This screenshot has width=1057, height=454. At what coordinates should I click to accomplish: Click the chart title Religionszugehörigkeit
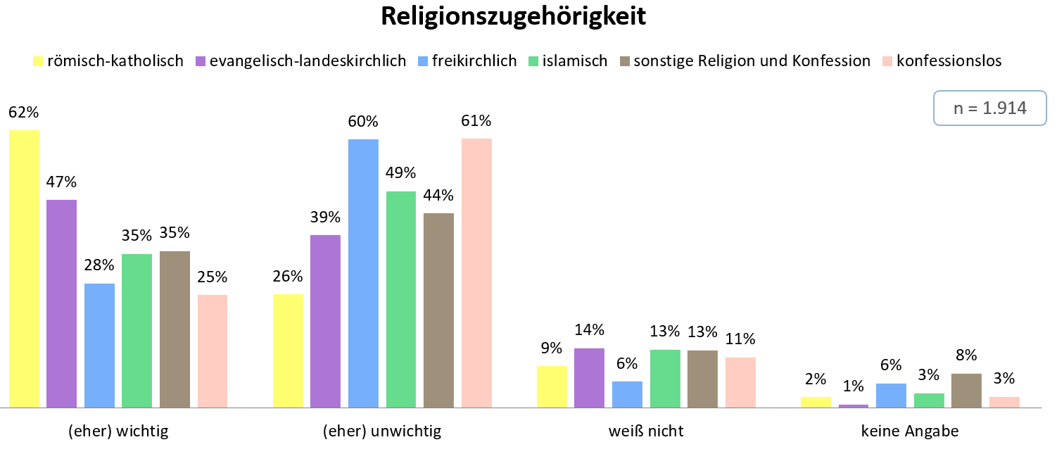[x=514, y=17]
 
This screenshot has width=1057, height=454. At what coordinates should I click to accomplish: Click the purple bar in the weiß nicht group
[x=589, y=378]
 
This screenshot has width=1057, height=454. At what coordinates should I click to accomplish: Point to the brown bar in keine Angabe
[x=967, y=391]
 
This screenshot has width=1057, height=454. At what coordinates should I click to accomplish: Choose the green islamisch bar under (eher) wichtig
[x=137, y=331]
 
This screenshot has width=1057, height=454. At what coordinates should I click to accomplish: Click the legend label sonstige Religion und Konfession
[x=752, y=61]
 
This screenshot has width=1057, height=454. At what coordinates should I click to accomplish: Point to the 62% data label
[x=23, y=112]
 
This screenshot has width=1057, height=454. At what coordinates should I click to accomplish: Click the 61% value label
[x=476, y=120]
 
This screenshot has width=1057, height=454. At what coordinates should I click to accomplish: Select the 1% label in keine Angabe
[x=853, y=386]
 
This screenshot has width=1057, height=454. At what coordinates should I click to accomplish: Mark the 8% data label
[x=967, y=355]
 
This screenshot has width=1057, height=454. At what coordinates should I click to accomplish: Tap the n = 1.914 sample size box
[x=989, y=108]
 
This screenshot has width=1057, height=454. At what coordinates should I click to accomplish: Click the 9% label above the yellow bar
[x=552, y=348]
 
